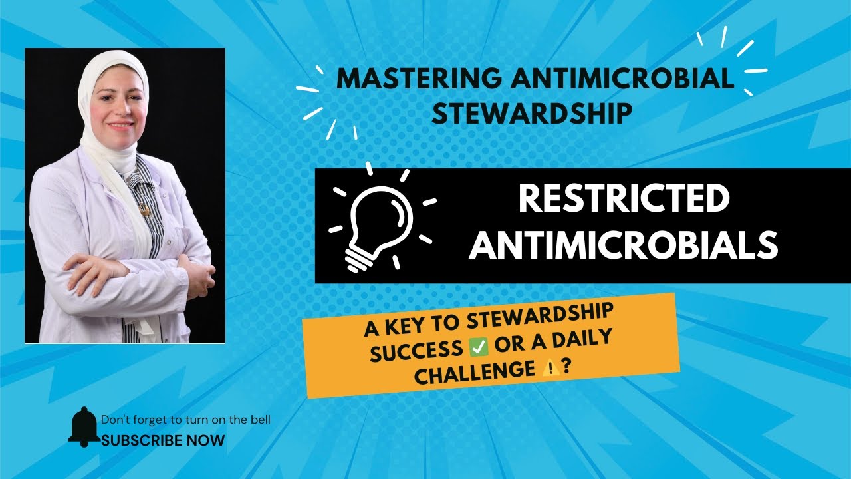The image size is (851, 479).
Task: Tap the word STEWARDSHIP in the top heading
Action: coord(531,112)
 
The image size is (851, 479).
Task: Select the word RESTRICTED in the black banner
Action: coord(623,200)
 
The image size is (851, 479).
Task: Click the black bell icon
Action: coord(84,426)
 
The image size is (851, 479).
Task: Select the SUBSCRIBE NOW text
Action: coord(163,440)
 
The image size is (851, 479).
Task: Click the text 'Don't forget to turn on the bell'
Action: coord(185,420)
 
